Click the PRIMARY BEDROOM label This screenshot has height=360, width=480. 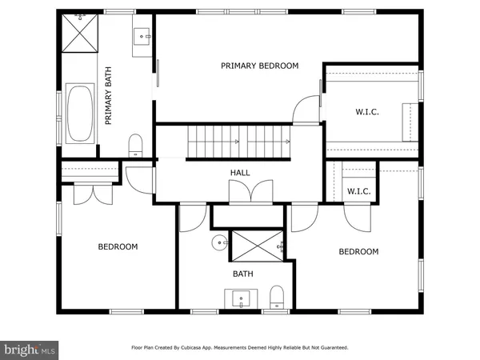259,66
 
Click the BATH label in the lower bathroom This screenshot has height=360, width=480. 242,274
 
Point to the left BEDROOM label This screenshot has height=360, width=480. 118,246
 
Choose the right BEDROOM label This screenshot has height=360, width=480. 358,251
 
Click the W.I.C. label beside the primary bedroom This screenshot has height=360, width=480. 367,112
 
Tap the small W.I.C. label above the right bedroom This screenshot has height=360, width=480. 358,191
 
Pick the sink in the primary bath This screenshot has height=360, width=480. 142,34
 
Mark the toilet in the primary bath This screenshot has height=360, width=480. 135,145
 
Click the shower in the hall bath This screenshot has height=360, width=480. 257,245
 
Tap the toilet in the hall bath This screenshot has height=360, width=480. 277,296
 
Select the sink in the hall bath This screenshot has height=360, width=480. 242,299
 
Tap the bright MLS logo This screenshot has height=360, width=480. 30,349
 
